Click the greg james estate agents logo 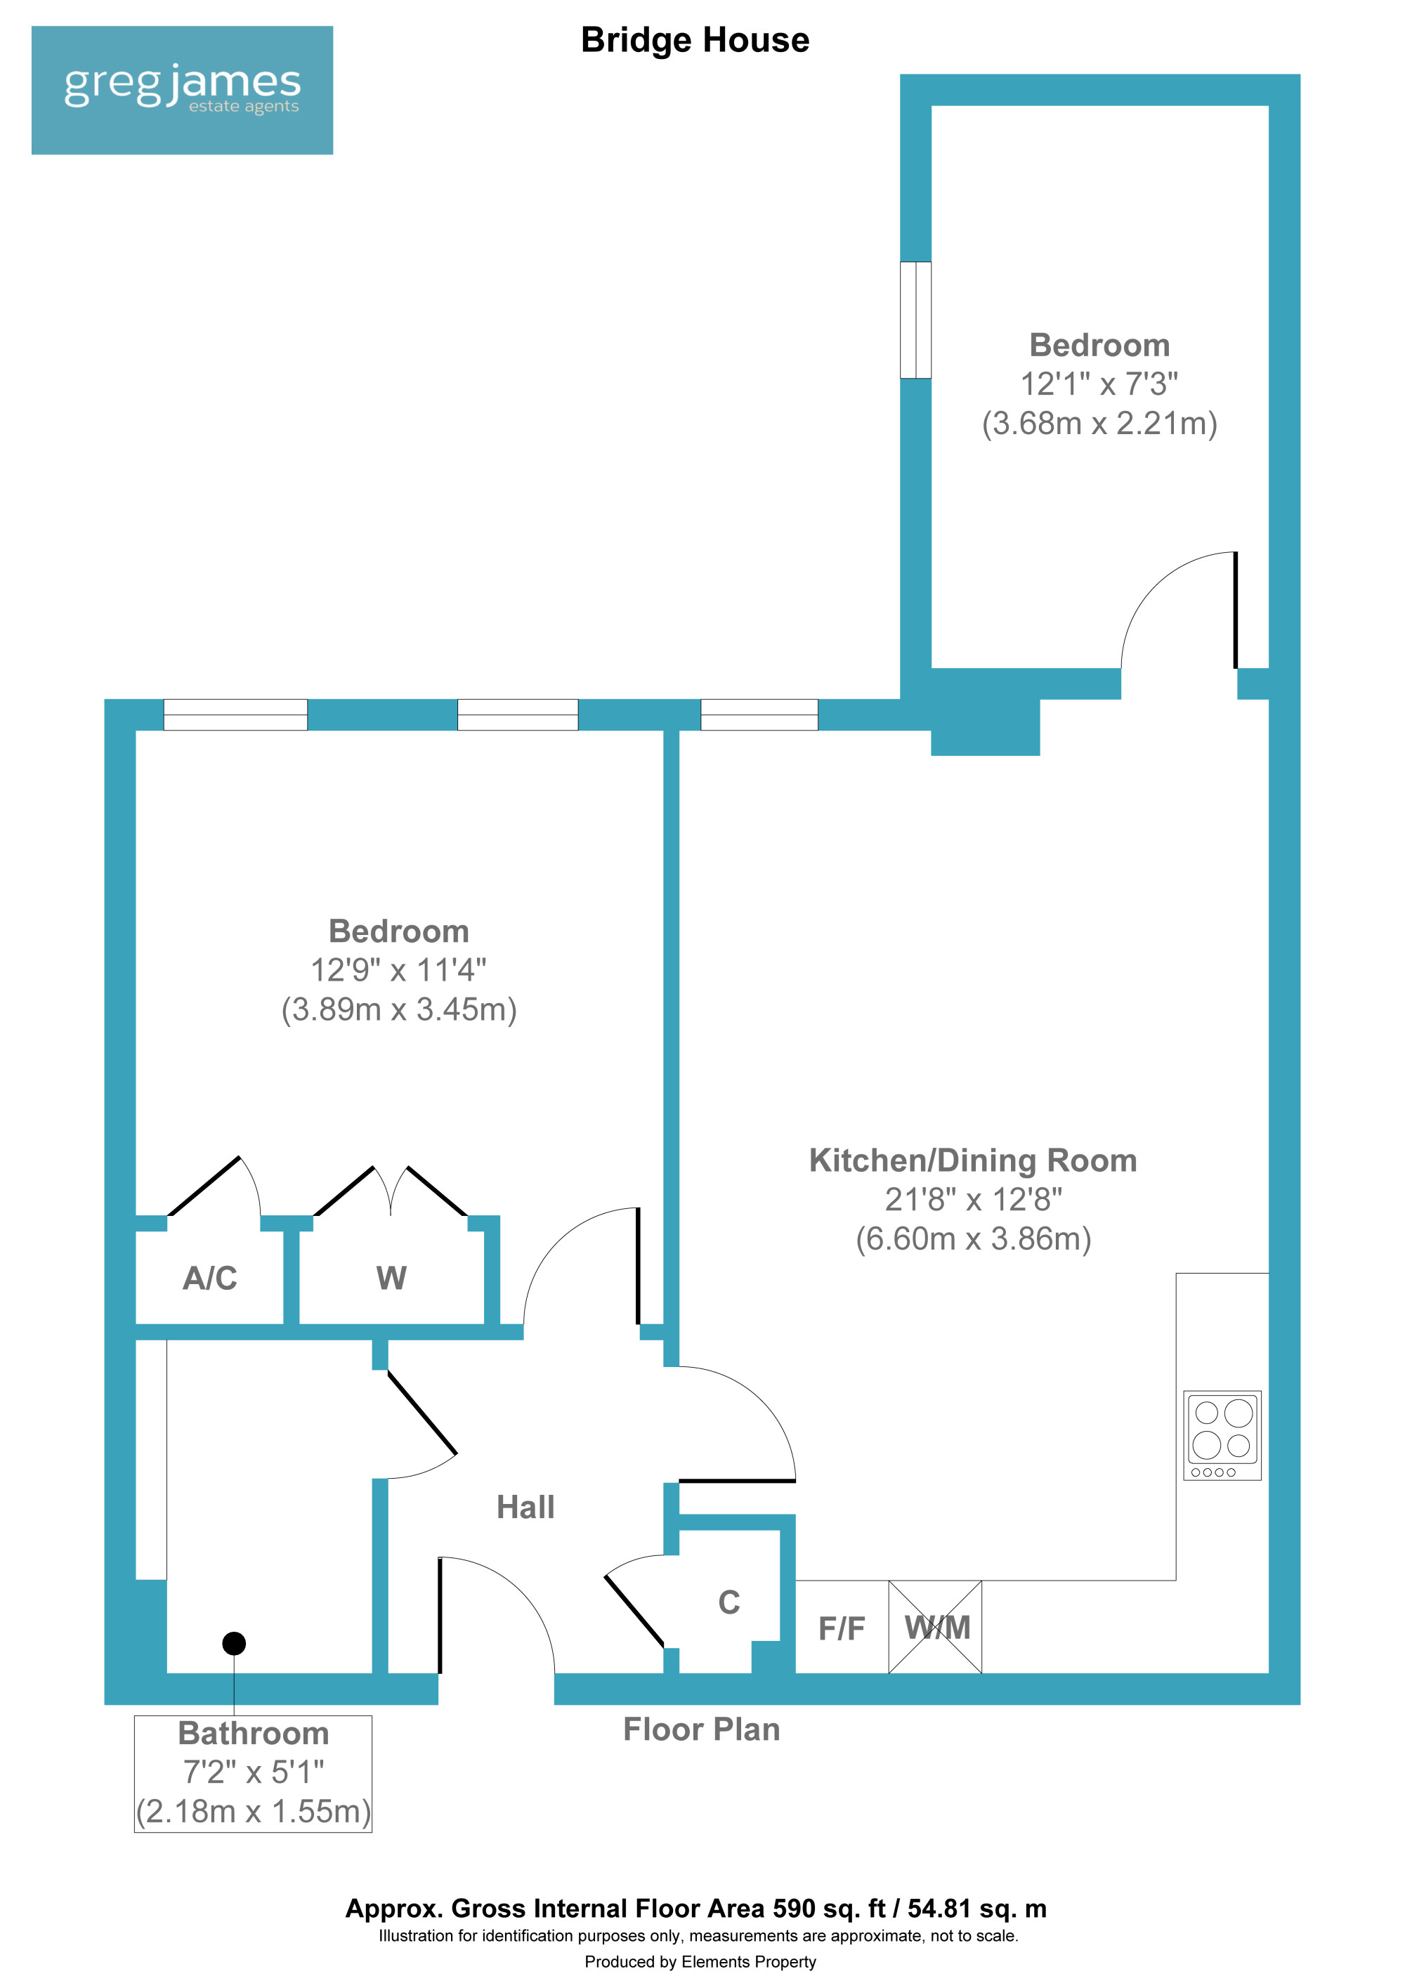tap(182, 90)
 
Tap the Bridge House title tap(695, 41)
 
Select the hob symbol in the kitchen tap(1222, 1436)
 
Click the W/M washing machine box tap(935, 1627)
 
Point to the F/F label tap(842, 1628)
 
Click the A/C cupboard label tap(209, 1278)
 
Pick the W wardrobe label tap(391, 1278)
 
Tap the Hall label tap(525, 1508)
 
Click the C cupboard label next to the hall tap(729, 1603)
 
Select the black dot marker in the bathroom tap(234, 1642)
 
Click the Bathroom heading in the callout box tap(254, 1734)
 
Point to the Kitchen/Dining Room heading tap(973, 1161)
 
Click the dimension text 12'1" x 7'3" tap(1099, 384)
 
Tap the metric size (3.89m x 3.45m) tap(399, 1009)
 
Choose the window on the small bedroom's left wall tap(916, 320)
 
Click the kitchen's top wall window tap(759, 714)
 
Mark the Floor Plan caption tap(701, 1729)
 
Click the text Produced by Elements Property tap(700, 1962)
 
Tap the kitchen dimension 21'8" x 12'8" tap(973, 1200)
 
